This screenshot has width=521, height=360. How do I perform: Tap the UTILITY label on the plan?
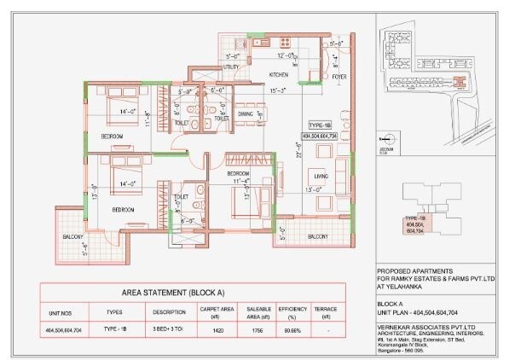tap(231, 66)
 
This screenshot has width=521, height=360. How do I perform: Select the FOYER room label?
tap(339, 75)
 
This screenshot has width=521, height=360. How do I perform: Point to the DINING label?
tap(246, 113)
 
